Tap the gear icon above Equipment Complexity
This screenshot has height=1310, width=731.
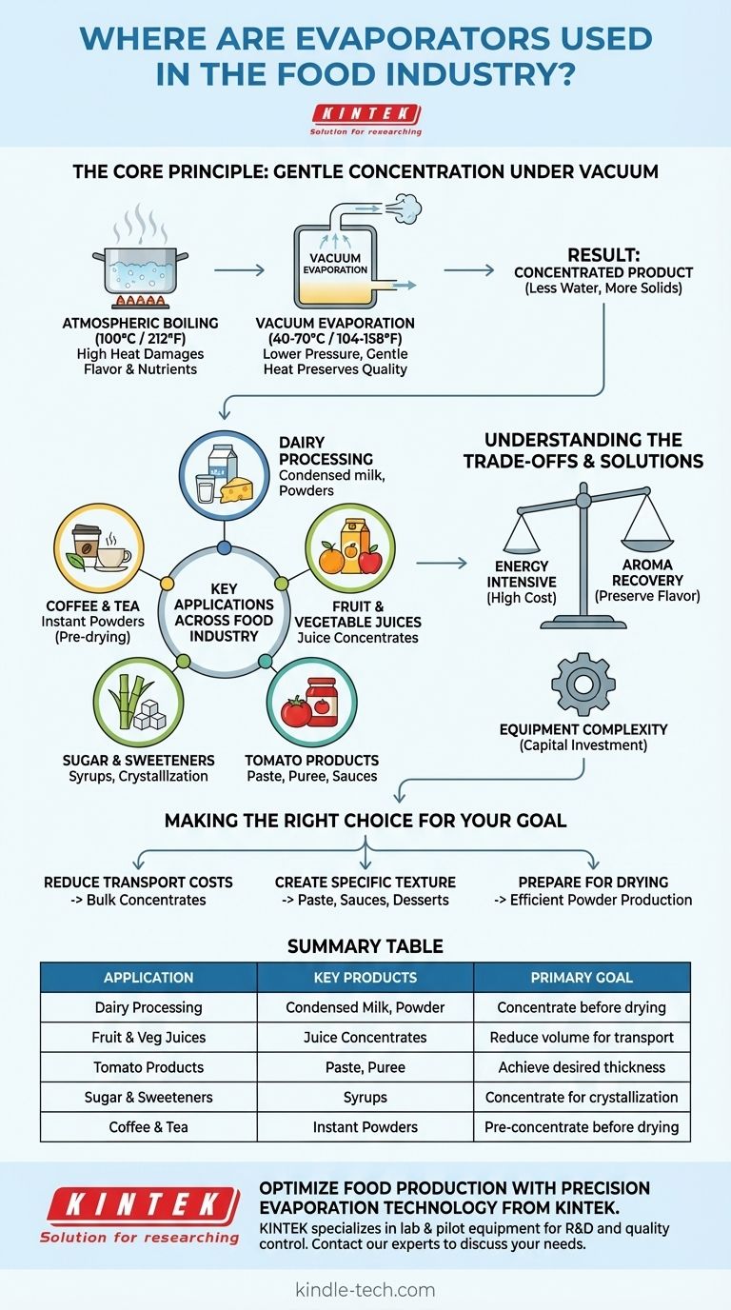[583, 683]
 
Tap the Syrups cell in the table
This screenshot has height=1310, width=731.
[365, 1097]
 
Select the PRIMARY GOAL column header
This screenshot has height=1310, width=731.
[582, 977]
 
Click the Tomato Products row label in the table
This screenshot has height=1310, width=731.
[148, 1067]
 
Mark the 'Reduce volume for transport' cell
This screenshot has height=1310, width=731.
[582, 1037]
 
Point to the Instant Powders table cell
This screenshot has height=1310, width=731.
[365, 1127]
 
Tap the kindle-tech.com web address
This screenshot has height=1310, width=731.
[365, 1290]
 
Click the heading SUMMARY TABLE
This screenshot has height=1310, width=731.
[365, 946]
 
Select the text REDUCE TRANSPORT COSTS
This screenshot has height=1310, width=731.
[138, 883]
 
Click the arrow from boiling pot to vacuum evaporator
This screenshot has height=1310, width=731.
[238, 270]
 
